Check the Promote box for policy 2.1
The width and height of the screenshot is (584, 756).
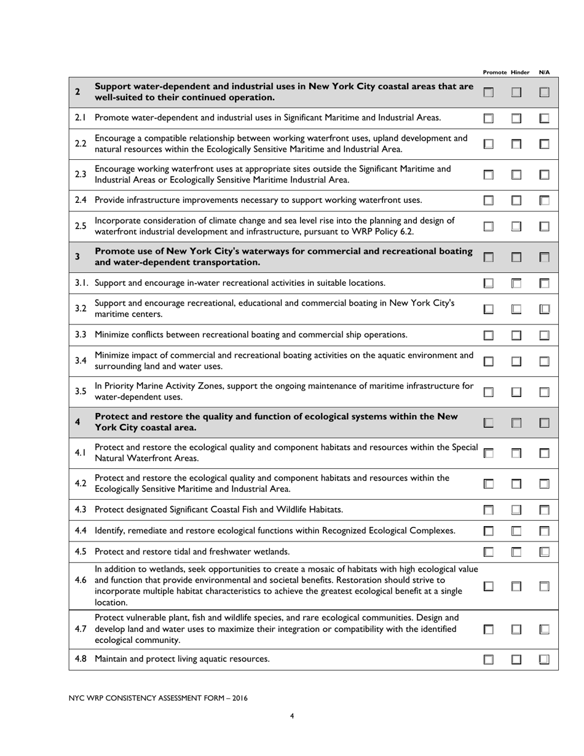(488, 118)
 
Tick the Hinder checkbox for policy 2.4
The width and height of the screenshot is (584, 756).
(516, 200)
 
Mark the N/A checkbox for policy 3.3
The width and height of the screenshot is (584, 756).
(544, 336)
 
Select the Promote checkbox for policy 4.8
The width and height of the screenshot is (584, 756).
(488, 660)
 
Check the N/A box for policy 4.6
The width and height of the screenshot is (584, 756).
(544, 586)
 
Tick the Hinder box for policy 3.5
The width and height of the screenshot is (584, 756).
(516, 392)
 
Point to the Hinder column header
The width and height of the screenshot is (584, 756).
(520, 73)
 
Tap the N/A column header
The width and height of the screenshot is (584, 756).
(544, 73)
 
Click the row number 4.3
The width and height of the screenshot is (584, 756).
(81, 510)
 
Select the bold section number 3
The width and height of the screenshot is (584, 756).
(77, 257)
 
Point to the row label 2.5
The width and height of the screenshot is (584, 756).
(81, 226)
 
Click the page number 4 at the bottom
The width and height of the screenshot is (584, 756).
(292, 715)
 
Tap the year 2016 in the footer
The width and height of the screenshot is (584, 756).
(239, 698)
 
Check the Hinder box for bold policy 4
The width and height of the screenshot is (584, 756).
(516, 423)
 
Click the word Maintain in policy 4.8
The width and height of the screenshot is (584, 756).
(111, 659)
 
